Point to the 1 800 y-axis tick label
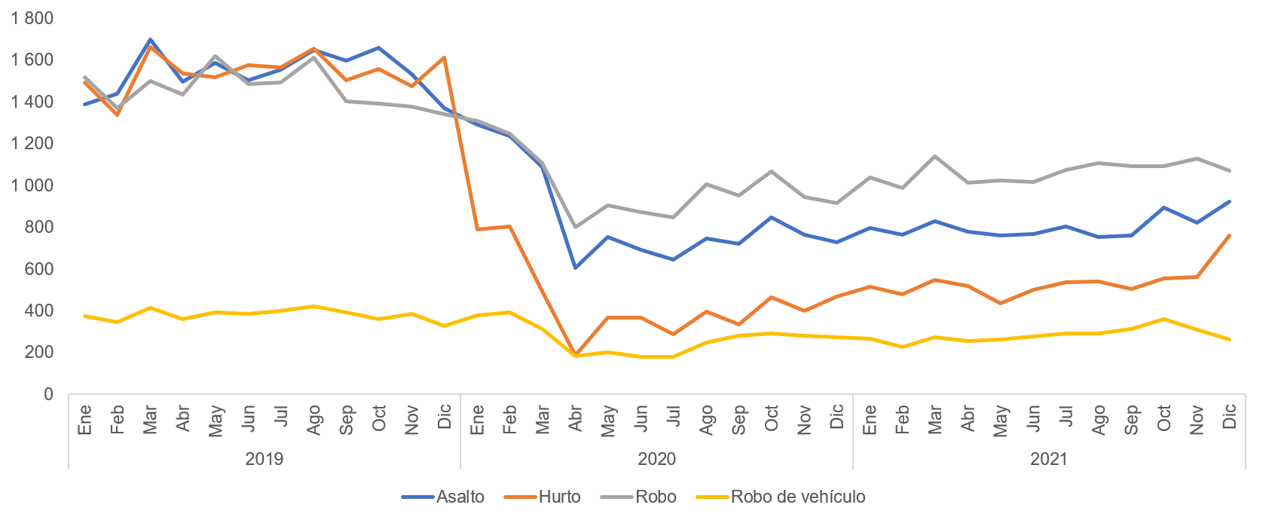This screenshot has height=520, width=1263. pyautogui.click(x=32, y=18)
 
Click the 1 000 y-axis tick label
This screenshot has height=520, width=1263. pyautogui.click(x=32, y=185)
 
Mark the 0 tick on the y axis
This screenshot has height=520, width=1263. pyautogui.click(x=49, y=394)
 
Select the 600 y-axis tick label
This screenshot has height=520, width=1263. pyautogui.click(x=38, y=269)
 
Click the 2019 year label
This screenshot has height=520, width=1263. pyautogui.click(x=265, y=459)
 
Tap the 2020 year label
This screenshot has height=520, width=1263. pyautogui.click(x=657, y=459)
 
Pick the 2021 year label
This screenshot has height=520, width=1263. pyautogui.click(x=1049, y=459)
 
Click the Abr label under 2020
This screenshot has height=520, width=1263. pyautogui.click(x=576, y=419)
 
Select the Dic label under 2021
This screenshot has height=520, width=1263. pyautogui.click(x=1230, y=418)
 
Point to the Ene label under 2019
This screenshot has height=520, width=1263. pyautogui.click(x=85, y=419)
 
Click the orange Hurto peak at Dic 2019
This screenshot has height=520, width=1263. pyautogui.click(x=445, y=57)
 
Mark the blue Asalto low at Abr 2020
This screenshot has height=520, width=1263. pyautogui.click(x=576, y=268)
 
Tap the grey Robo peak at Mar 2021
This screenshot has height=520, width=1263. pyautogui.click(x=935, y=156)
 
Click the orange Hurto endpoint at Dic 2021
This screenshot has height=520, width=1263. pyautogui.click(x=1230, y=235)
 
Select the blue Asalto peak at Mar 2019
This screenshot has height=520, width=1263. pyautogui.click(x=151, y=39)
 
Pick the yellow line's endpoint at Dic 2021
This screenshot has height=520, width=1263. pyautogui.click(x=1230, y=339)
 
